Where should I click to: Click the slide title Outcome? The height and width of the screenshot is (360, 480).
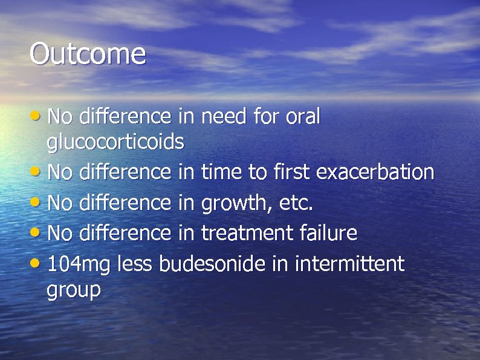tap(88, 53)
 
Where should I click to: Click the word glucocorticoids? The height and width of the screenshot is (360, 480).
tap(115, 143)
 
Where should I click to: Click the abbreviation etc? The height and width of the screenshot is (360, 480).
tap(296, 203)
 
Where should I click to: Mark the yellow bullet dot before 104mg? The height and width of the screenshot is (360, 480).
tap(37, 263)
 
